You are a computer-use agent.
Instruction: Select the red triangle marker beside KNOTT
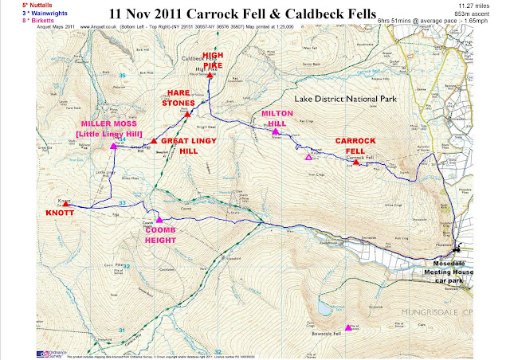[x=66, y=203]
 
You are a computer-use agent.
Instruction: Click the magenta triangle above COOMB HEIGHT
[x=159, y=220]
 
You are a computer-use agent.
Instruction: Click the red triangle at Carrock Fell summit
[x=356, y=162]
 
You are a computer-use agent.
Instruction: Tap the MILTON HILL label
[x=277, y=118]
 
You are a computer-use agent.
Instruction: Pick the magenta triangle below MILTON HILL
[x=275, y=132]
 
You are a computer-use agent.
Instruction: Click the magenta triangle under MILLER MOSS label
[x=114, y=147]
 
